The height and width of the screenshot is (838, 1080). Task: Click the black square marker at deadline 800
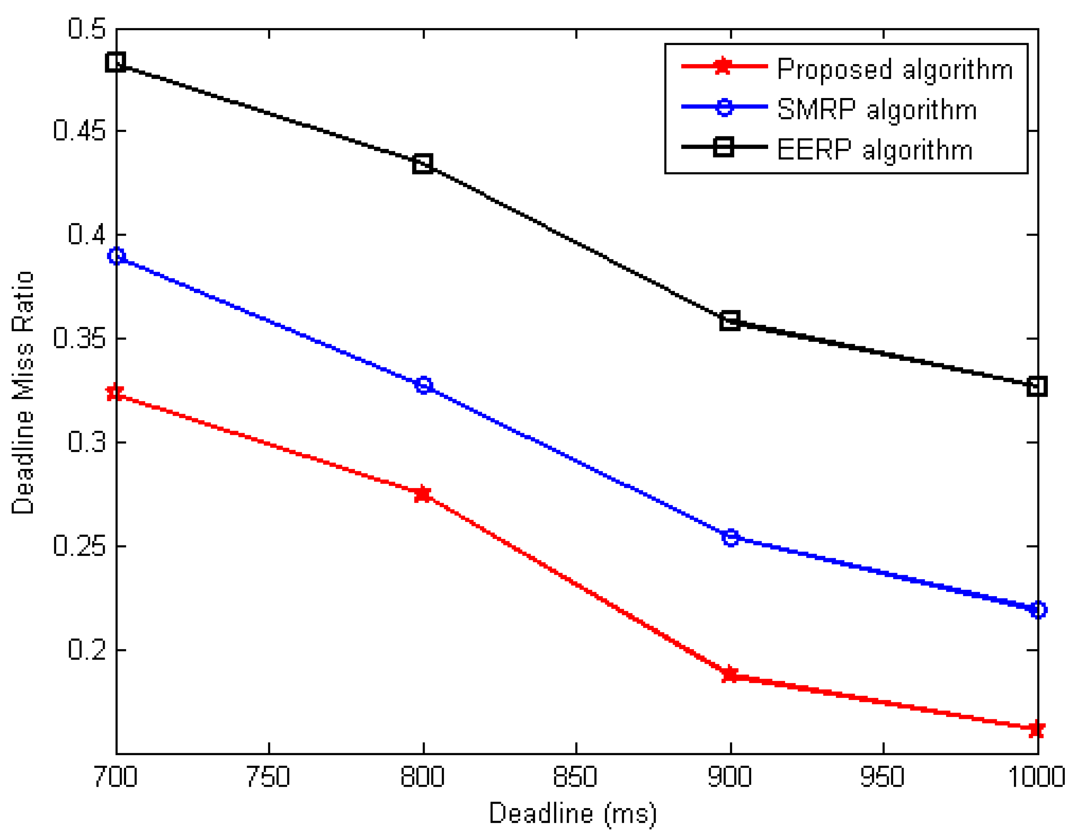pos(423,164)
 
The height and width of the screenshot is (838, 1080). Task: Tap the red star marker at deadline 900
pos(730,675)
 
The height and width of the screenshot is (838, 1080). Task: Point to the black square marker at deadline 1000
pos(1037,386)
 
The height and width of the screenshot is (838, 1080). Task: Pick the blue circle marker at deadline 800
pos(423,385)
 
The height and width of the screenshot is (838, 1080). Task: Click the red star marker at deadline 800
pos(423,494)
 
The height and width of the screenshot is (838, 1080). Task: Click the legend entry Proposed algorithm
pos(895,69)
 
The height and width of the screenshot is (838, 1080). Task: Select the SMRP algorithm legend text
pos(877,109)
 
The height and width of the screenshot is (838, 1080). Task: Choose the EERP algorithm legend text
pos(874,150)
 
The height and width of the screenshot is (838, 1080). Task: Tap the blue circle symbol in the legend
pos(724,108)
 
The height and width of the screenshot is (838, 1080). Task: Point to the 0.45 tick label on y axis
pos(79,131)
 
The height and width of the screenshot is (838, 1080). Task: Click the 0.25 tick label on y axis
pos(79,546)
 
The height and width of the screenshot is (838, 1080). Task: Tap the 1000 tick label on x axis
pos(1036,777)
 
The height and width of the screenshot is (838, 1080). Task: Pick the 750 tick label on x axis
pos(268,777)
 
